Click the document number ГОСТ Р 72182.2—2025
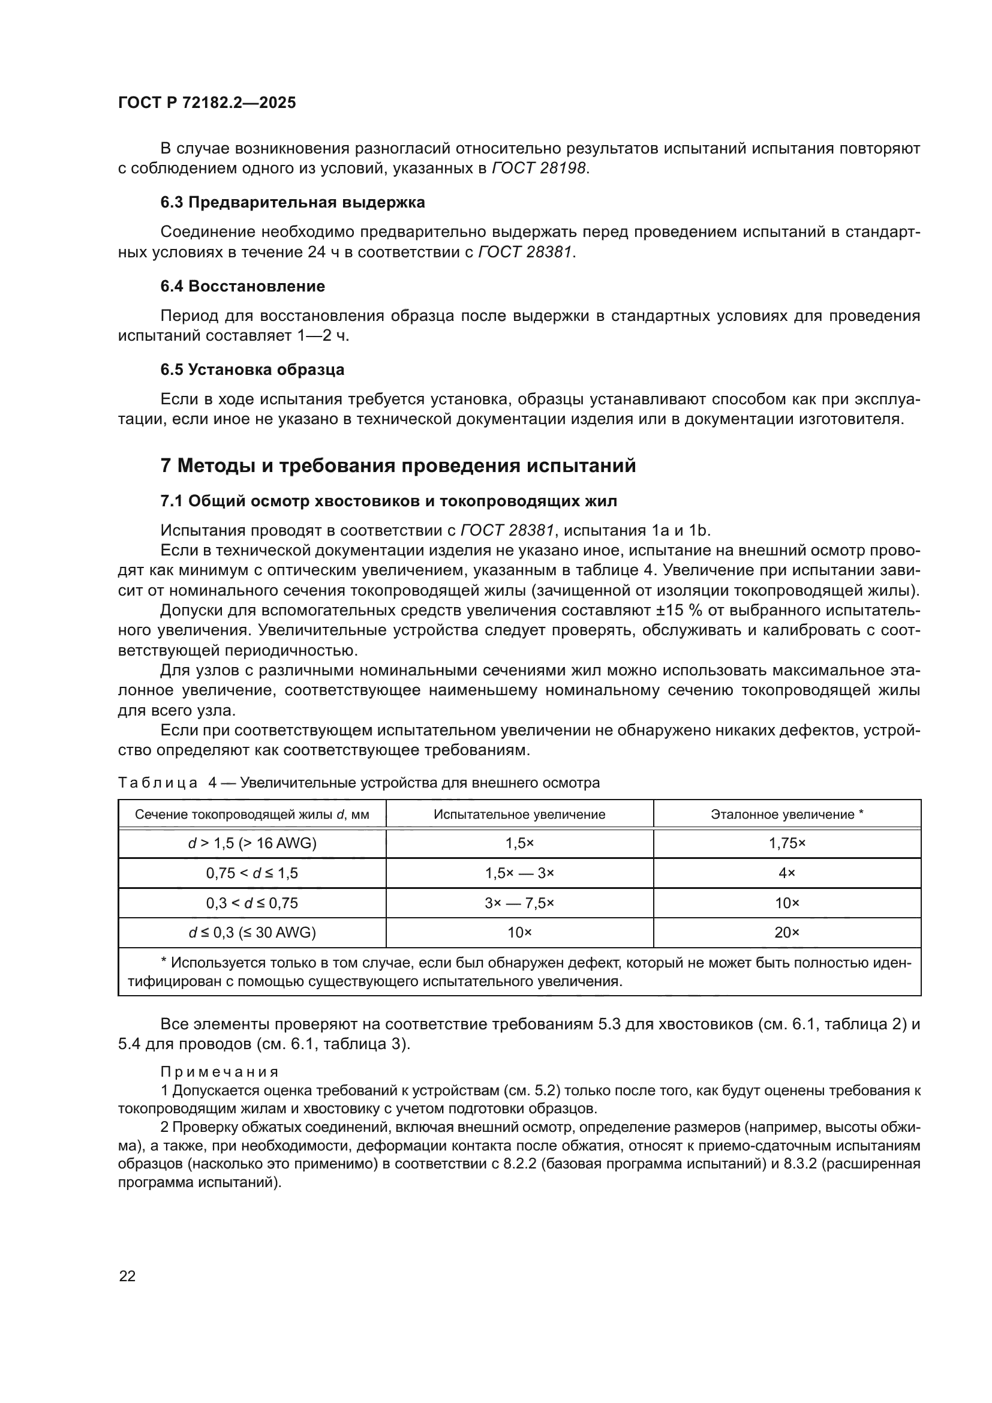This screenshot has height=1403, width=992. [206, 103]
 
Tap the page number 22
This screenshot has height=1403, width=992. [127, 1276]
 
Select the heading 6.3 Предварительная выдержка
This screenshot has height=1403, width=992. [293, 202]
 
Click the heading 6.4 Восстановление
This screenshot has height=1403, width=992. [242, 286]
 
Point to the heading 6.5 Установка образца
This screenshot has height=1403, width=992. [252, 369]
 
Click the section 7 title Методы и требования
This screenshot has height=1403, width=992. [398, 465]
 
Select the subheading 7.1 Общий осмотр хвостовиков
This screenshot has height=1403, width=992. [389, 501]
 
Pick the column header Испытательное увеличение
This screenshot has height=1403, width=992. [519, 815]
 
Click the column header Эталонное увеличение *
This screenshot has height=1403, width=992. [787, 815]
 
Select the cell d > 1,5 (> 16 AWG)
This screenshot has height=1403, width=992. [252, 844]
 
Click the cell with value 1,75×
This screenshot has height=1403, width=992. [787, 844]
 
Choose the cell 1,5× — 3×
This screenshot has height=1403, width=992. [519, 873]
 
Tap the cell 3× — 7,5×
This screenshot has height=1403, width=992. [519, 903]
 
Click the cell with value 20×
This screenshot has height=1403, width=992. [787, 933]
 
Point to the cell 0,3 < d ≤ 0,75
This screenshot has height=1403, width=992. [252, 903]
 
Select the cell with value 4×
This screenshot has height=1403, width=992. [787, 873]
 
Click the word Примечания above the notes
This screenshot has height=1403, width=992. [220, 1072]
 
